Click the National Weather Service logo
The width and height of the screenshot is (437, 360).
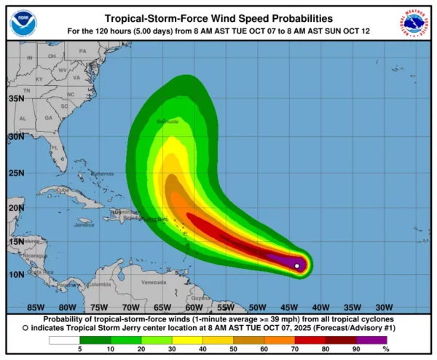pyautogui.click(x=414, y=22)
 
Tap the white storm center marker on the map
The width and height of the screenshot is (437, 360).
pyautogui.click(x=297, y=266)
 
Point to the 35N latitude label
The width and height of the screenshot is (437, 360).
pyautogui.click(x=16, y=98)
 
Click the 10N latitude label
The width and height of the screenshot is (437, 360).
pyautogui.click(x=16, y=275)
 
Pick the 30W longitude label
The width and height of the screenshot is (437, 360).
pyautogui.click(x=384, y=307)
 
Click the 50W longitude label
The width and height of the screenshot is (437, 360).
pyautogui.click(x=257, y=307)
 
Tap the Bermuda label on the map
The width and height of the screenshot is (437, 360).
pyautogui.click(x=167, y=121)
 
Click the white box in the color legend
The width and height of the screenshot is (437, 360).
pyautogui.click(x=64, y=340)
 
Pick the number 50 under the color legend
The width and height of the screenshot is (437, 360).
pyautogui.click(x=235, y=351)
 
